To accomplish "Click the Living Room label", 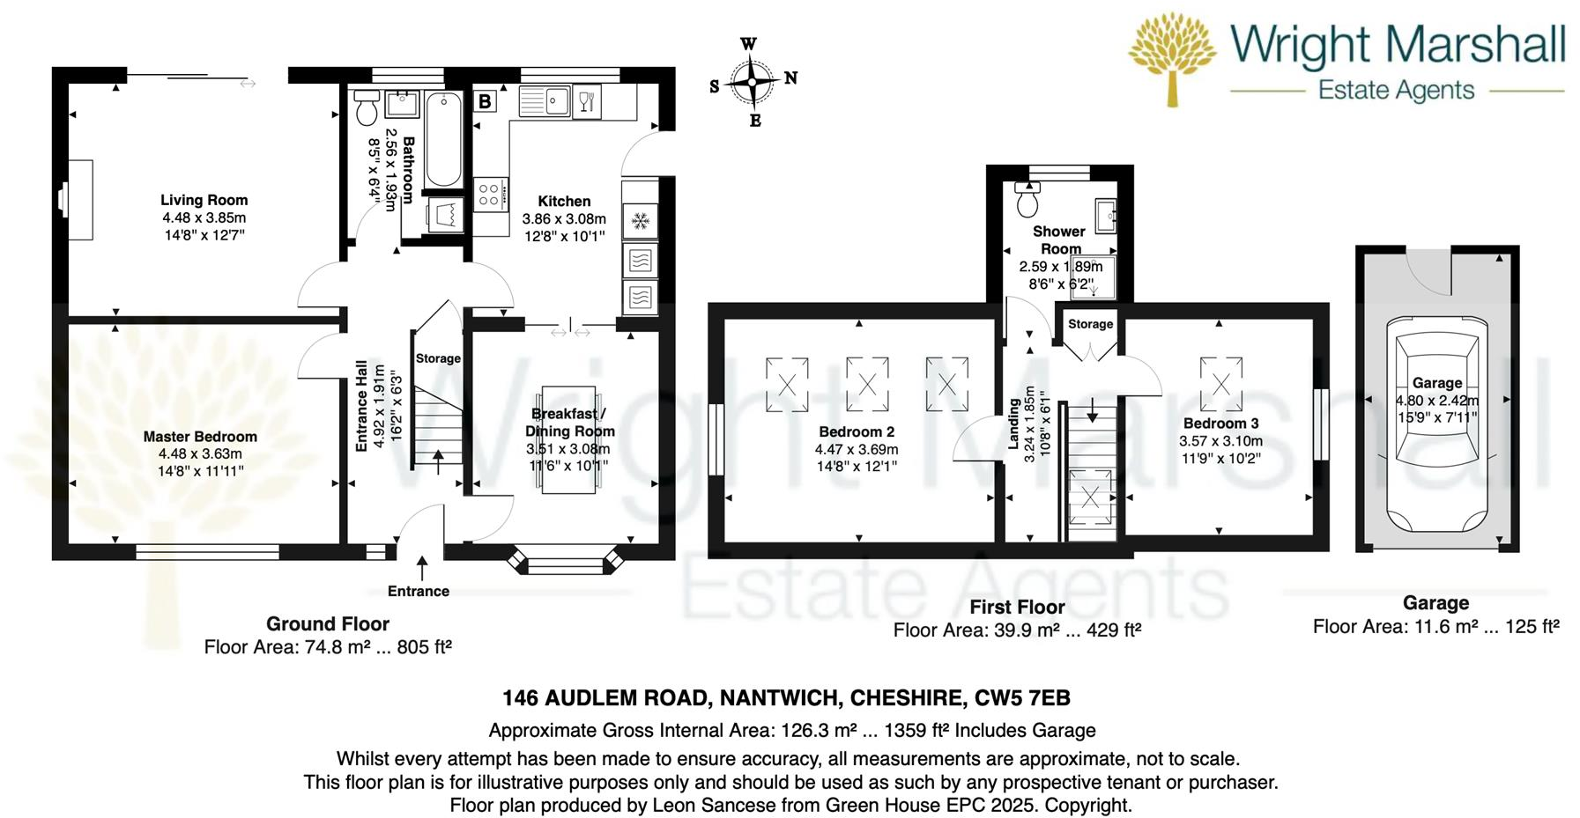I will click(204, 201).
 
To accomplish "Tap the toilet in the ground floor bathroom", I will click(367, 107).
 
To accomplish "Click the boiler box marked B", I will click(485, 101).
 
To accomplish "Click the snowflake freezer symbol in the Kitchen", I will click(641, 220).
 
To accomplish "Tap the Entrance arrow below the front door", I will click(422, 568).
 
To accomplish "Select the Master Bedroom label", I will click(200, 437).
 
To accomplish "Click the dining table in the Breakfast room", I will click(568, 438).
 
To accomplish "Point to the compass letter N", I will click(790, 78).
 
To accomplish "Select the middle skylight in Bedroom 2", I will click(867, 385).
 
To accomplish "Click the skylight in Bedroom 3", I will click(1220, 384).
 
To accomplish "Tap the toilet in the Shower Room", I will click(1027, 200).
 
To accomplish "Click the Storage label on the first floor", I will click(1090, 324).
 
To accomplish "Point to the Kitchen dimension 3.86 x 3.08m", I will click(564, 219).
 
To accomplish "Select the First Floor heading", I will click(1017, 608).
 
